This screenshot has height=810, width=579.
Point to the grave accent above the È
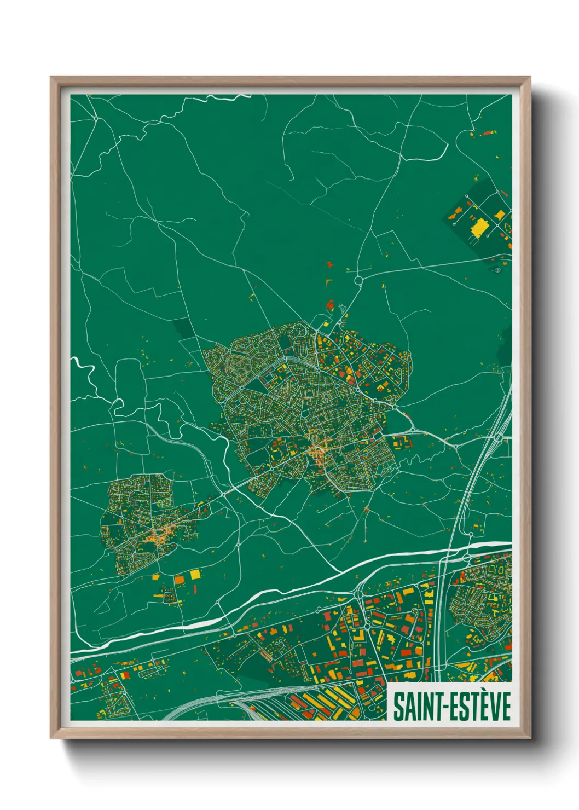(483, 693)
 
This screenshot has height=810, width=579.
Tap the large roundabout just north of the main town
(358, 280)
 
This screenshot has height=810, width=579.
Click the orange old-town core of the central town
(317, 452)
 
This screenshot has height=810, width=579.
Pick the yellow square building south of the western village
(195, 574)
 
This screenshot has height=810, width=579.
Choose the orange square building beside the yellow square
(180, 579)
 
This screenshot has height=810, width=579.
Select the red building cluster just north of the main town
(329, 305)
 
